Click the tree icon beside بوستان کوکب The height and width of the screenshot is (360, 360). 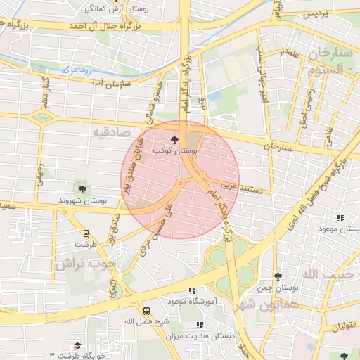pos(174,141)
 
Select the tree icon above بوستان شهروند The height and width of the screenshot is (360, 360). pos(83,188)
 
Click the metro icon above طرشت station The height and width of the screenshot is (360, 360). pos(86,233)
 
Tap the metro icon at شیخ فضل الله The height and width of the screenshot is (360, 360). pos(146,311)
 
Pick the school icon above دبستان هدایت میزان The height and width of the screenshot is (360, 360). pos(200,325)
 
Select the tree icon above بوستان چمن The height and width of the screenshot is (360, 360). pos(278,276)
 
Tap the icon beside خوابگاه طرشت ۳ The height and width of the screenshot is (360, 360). pos(77,345)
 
